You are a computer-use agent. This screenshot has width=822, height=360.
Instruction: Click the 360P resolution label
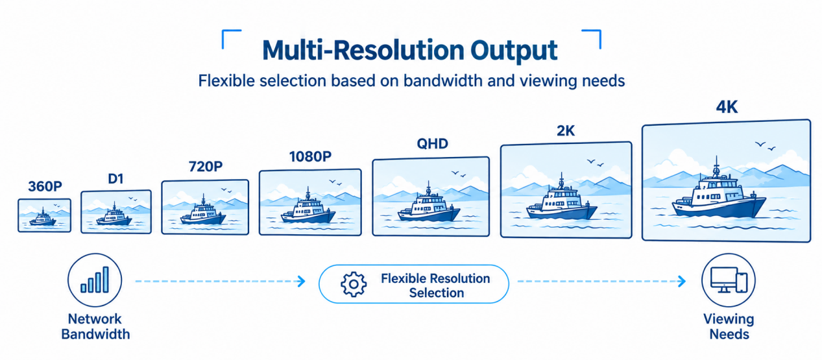[x=45, y=186]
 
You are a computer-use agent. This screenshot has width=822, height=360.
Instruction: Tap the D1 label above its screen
[x=115, y=179]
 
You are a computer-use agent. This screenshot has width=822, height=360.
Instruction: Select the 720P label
[x=206, y=167]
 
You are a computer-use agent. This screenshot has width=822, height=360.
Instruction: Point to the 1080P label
[x=310, y=157]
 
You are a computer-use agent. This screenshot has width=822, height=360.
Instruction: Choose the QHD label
[x=432, y=143]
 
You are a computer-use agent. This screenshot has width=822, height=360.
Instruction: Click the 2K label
[x=566, y=130]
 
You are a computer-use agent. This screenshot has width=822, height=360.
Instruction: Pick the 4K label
[x=727, y=107]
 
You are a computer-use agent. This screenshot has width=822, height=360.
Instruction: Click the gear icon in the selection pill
[x=354, y=284]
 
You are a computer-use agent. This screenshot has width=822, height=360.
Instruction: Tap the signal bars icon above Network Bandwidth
[x=95, y=280]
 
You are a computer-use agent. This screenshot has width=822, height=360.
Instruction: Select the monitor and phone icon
[x=729, y=280]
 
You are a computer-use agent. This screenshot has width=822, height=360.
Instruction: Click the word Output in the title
[x=514, y=51]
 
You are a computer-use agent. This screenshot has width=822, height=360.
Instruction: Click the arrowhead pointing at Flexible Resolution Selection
[x=302, y=282]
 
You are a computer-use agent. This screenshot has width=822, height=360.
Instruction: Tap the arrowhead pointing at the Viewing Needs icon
[x=682, y=282]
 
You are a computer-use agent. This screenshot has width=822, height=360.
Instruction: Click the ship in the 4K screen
[x=718, y=195]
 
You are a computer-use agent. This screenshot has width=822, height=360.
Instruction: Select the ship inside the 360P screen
[x=43, y=218]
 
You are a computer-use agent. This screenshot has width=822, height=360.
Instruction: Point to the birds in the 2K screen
[x=595, y=163]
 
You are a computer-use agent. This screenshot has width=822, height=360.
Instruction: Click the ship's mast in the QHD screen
[x=428, y=188]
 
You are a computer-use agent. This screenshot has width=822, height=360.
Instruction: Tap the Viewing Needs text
[x=729, y=327]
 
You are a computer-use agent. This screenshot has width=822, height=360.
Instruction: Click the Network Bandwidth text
[x=95, y=327]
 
